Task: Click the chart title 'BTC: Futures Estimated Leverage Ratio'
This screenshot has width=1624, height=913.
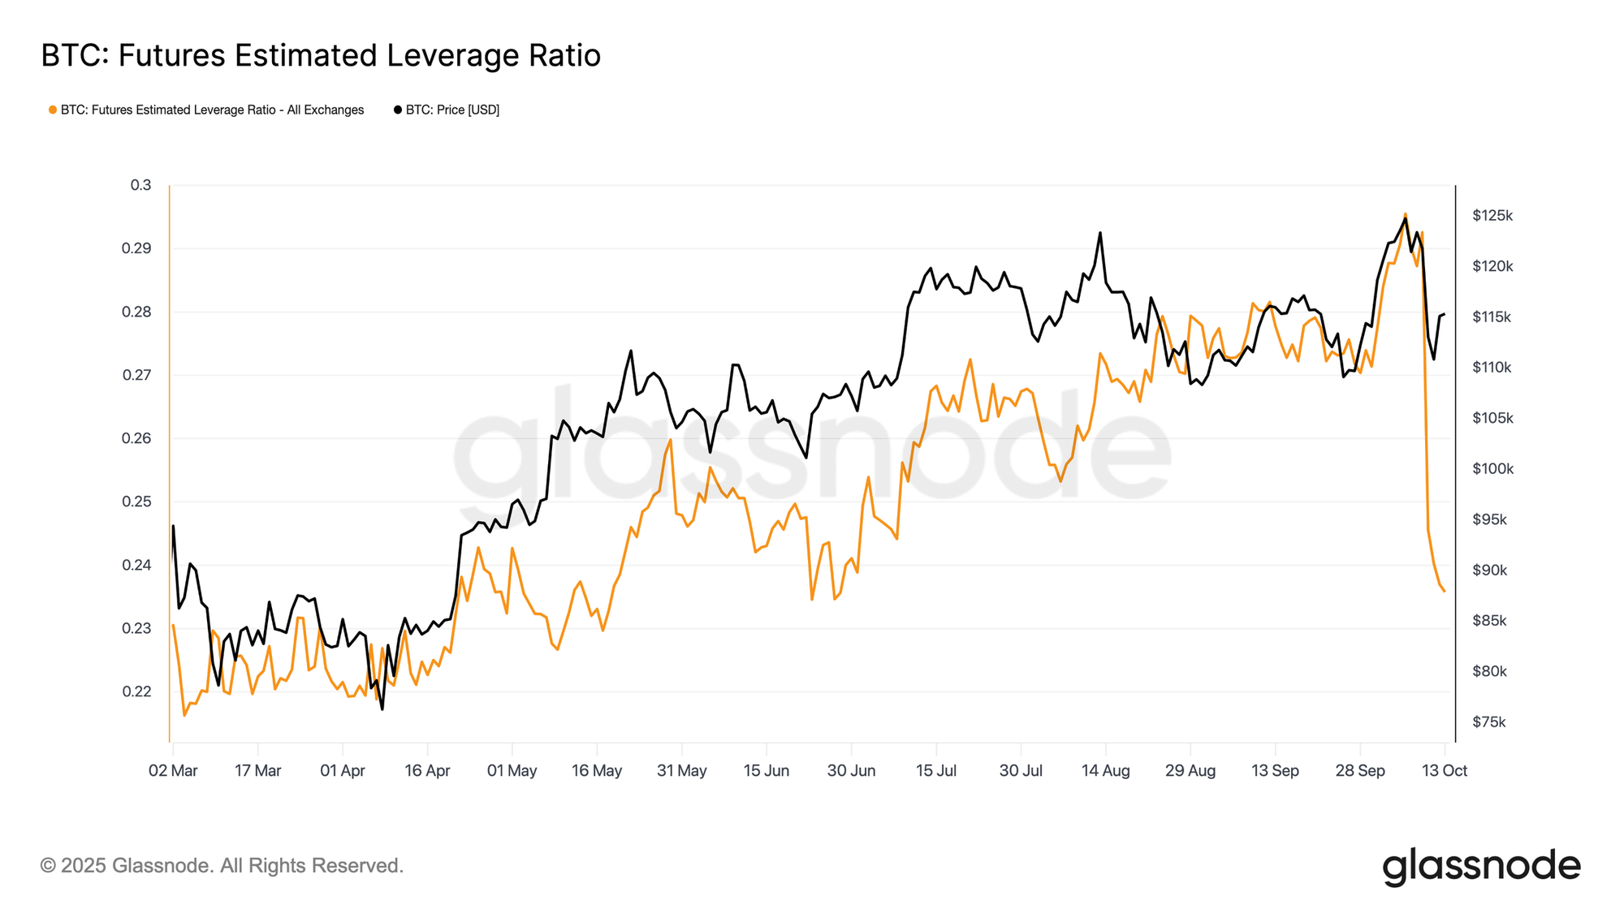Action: pyautogui.click(x=321, y=55)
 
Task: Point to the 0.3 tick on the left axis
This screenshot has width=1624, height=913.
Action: pyautogui.click(x=140, y=185)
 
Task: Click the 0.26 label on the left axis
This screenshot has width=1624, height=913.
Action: pyautogui.click(x=136, y=438)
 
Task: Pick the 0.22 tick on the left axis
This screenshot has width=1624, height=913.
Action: pyautogui.click(x=136, y=691)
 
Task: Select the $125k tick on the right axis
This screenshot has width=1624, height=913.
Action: pyautogui.click(x=1492, y=216)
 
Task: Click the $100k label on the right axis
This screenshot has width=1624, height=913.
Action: pyautogui.click(x=1492, y=469)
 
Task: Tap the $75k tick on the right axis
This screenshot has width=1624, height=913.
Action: pyautogui.click(x=1489, y=722)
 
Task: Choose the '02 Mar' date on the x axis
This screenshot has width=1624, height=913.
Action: pyautogui.click(x=173, y=771)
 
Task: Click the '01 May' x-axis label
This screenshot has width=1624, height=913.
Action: pyautogui.click(x=512, y=771)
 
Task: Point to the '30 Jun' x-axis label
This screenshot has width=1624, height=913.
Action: pyautogui.click(x=851, y=771)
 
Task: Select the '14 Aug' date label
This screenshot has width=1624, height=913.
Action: pyautogui.click(x=1105, y=771)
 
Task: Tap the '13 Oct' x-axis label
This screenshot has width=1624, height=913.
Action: pyautogui.click(x=1445, y=771)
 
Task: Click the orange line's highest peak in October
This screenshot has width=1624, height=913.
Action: pyautogui.click(x=1405, y=213)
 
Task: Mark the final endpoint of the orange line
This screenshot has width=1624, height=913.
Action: pyautogui.click(x=1445, y=591)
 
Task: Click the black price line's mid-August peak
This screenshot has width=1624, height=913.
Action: pyautogui.click(x=1100, y=233)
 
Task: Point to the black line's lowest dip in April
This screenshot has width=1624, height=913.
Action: pyautogui.click(x=382, y=709)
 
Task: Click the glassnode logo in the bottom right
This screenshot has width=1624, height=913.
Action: pyautogui.click(x=1481, y=866)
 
